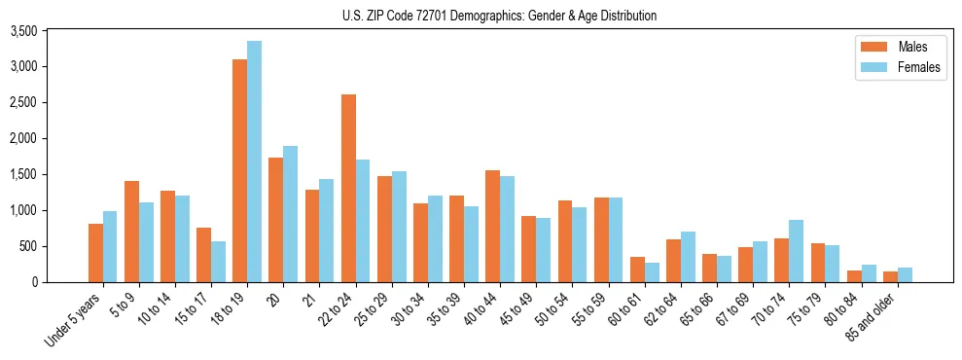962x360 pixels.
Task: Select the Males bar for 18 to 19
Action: (239, 170)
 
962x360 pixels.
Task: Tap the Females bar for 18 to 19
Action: (254, 162)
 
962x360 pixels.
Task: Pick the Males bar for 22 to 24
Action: (348, 188)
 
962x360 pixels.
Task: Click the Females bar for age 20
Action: (290, 214)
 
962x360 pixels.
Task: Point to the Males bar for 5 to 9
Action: (131, 232)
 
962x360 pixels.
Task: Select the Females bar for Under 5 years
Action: (110, 246)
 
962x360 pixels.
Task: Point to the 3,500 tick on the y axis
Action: (22, 31)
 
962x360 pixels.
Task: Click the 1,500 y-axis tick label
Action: (22, 174)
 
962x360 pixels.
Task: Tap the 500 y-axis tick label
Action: (28, 246)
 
